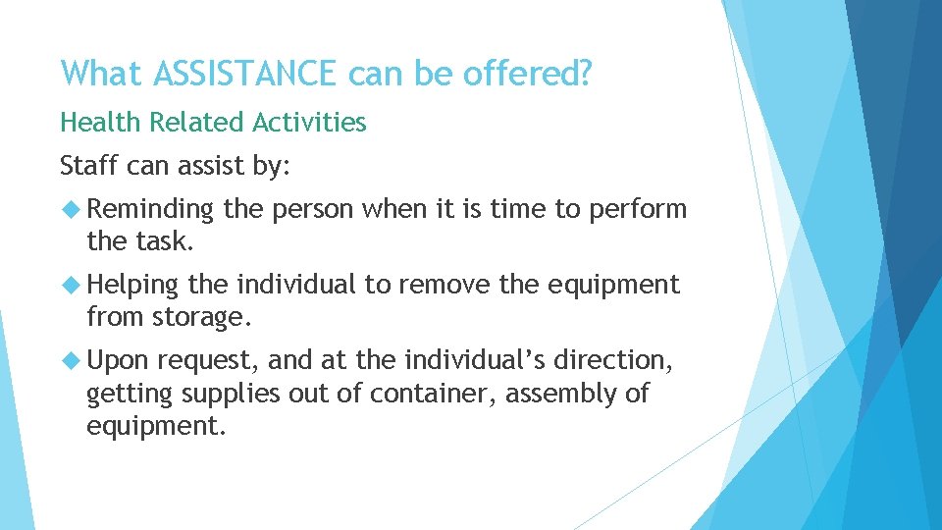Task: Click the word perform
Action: coord(639,209)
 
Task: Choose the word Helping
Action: coord(133,285)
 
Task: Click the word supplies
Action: coord(227,395)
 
